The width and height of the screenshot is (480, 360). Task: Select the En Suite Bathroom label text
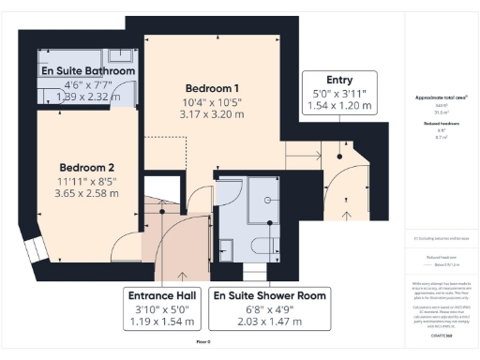(87, 70)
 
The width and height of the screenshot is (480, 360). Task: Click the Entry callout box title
(339, 81)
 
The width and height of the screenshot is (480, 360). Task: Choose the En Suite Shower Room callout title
(269, 295)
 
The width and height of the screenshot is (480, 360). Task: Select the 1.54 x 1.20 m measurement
(339, 108)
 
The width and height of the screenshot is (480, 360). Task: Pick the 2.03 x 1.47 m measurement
(269, 322)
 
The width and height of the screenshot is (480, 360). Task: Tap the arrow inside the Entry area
(348, 215)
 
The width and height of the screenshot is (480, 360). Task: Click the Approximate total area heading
(442, 97)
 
